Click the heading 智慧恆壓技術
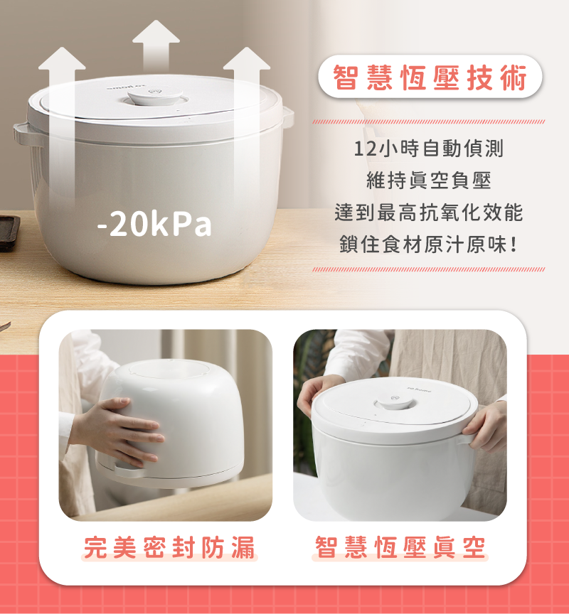430,77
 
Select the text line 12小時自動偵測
428,149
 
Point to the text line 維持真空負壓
429,181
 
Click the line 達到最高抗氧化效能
429,212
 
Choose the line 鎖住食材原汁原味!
429,244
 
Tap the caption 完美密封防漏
169,547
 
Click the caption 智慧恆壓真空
400,547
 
